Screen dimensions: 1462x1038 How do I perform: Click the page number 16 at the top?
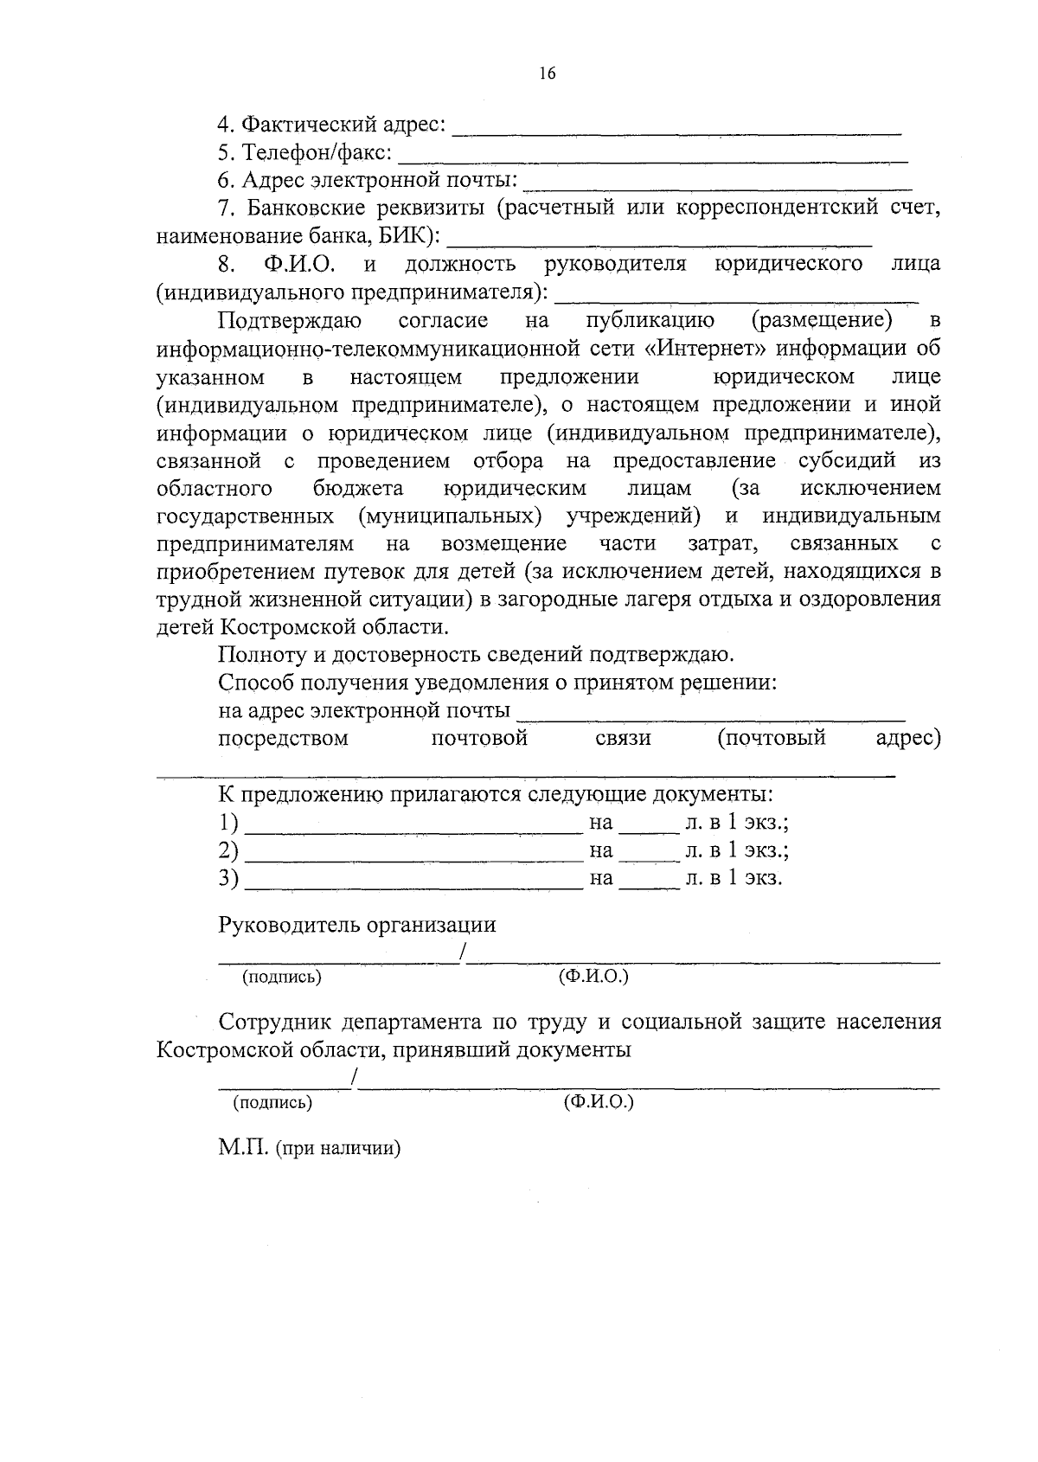pos(547,74)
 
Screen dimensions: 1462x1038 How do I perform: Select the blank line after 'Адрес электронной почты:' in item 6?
pos(718,187)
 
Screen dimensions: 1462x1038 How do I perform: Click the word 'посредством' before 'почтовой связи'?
pos(283,738)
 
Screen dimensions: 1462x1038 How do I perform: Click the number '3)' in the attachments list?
pos(228,878)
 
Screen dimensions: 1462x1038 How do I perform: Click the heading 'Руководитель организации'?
pos(357,925)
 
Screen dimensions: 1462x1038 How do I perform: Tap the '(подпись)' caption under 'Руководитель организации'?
pos(282,978)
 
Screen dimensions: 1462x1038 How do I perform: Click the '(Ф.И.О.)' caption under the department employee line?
pos(598,1103)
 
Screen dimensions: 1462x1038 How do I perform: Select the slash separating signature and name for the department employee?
pos(355,1080)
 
